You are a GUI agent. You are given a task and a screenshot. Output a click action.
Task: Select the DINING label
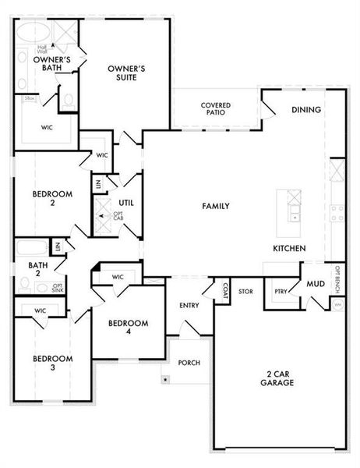tap(306, 110)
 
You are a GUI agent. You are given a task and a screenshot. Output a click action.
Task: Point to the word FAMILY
tap(215, 206)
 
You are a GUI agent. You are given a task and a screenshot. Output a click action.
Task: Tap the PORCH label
tap(189, 363)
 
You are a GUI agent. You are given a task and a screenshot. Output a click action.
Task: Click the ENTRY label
tap(189, 305)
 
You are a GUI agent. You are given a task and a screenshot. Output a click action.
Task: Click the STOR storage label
tap(245, 292)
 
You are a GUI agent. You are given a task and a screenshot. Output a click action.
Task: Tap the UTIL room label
tap(127, 203)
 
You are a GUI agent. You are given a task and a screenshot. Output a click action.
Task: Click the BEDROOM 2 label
tap(52, 198)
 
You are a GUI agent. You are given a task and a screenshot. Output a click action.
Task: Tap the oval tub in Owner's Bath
tap(34, 33)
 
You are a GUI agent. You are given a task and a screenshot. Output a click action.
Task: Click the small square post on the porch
tap(165, 380)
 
